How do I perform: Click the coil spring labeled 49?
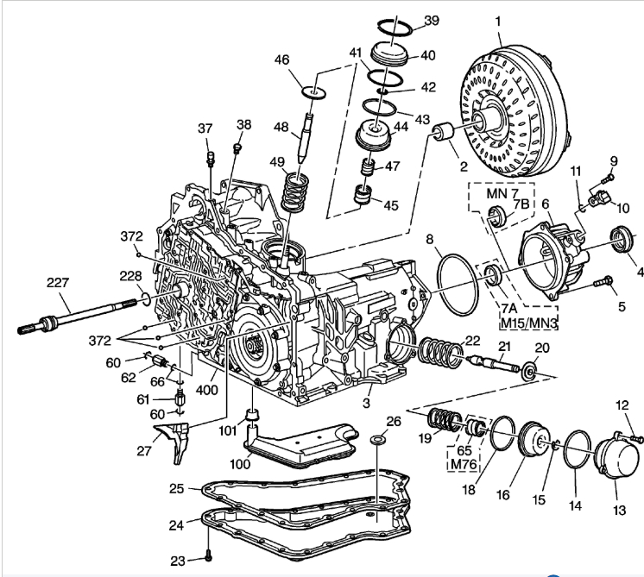297,185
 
